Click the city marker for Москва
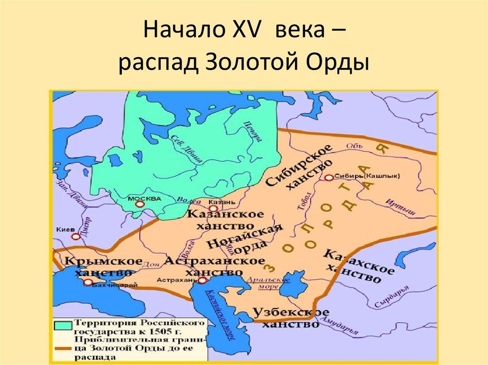[139, 204]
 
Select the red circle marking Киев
[75, 236]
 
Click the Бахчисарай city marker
[88, 282]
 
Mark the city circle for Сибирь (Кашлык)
[328, 177]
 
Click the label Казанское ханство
[225, 219]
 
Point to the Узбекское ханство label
[290, 318]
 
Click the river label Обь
[352, 146]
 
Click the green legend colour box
[62, 325]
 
